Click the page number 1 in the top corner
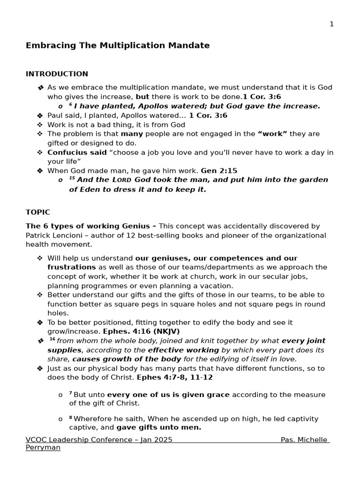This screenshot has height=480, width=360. click(x=331, y=24)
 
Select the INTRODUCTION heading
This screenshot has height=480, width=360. click(x=57, y=74)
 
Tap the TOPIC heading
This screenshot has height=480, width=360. click(x=37, y=212)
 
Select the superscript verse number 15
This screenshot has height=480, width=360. click(x=72, y=179)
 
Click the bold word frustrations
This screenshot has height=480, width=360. click(x=65, y=267)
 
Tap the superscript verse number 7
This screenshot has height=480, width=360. click(x=70, y=393)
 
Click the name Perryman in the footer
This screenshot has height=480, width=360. click(x=43, y=448)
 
